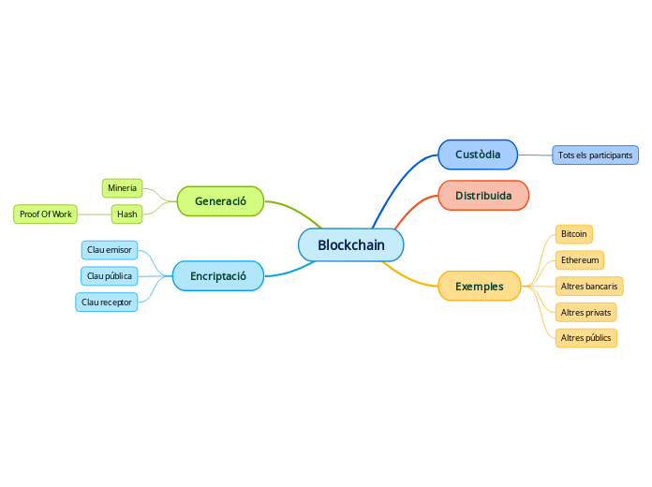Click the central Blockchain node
click(350, 245)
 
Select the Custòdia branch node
click(478, 155)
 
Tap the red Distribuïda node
click(483, 196)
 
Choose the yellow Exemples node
click(479, 287)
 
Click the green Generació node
click(220, 201)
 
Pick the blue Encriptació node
click(217, 276)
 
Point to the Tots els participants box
click(595, 155)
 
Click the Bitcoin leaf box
click(573, 233)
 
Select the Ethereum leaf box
click(579, 260)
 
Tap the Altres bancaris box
click(588, 286)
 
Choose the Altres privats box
click(585, 312)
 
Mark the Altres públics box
click(585, 337)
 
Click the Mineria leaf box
click(122, 188)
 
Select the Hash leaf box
click(126, 214)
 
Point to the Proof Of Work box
click(45, 214)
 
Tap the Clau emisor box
click(110, 250)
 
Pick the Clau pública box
click(110, 276)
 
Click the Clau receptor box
click(107, 303)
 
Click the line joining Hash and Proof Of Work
click(94, 214)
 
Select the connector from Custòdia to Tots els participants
click(535, 155)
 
